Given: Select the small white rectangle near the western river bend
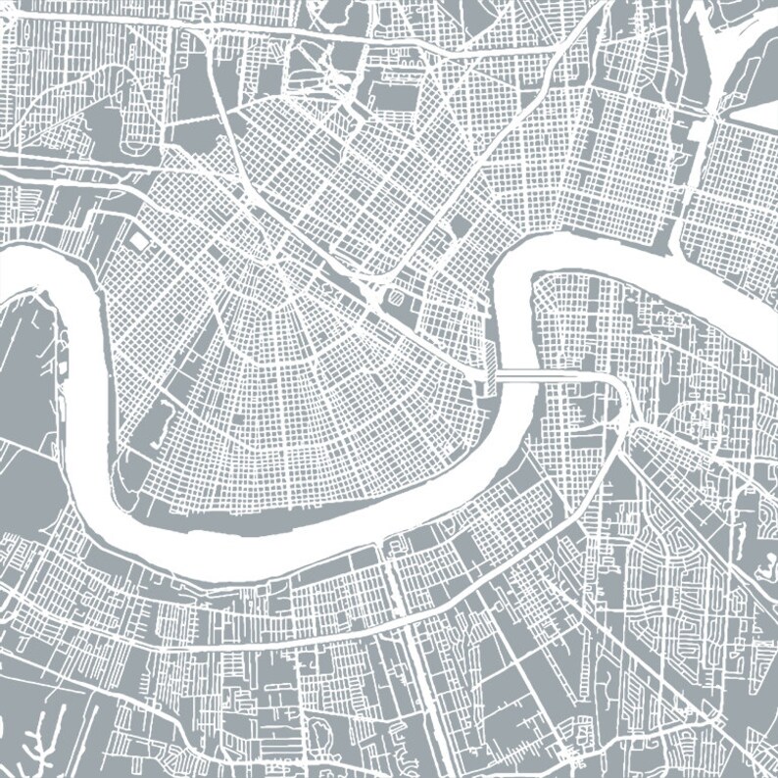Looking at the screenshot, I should [x=137, y=240].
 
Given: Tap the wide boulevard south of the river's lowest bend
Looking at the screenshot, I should [x=294, y=642].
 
